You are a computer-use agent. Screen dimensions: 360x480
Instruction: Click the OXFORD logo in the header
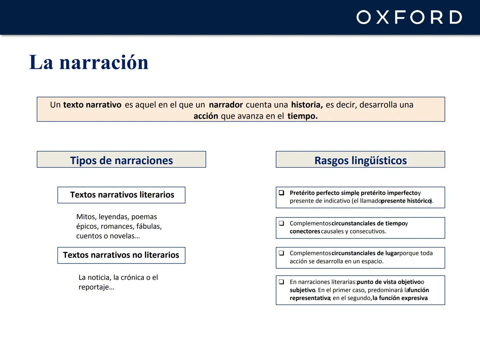[x=409, y=17]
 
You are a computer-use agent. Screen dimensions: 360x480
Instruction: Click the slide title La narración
[x=89, y=62]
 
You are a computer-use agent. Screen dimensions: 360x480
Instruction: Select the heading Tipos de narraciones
[x=121, y=160]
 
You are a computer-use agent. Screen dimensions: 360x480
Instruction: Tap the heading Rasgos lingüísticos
[x=360, y=160]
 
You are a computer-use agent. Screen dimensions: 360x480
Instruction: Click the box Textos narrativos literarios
[x=122, y=195]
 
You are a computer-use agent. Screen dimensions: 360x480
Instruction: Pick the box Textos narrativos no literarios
[x=121, y=255]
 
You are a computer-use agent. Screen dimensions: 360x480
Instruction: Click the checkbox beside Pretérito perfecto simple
[x=282, y=193]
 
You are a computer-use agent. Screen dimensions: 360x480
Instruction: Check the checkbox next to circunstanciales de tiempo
[x=282, y=223]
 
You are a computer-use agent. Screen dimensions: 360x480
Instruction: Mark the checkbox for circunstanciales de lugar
[x=282, y=253]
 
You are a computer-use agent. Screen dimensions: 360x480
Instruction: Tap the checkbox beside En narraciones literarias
[x=282, y=282]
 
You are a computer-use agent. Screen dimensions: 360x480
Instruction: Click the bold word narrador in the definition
[x=226, y=105]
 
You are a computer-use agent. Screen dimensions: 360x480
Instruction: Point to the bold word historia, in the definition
[x=307, y=105]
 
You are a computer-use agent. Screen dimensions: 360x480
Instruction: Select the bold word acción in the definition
[x=206, y=116]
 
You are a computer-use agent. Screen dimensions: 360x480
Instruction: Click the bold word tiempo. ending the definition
[x=302, y=116]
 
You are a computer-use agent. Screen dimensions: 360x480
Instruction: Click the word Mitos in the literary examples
[x=86, y=217]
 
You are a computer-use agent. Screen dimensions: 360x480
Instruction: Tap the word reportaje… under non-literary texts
[x=96, y=287]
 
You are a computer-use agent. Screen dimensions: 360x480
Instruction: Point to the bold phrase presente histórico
[x=406, y=201]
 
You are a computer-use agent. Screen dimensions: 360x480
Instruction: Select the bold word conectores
[x=305, y=231]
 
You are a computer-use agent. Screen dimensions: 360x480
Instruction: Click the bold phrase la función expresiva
[x=400, y=298]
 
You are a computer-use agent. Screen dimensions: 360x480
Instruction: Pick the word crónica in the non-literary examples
[x=132, y=277]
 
